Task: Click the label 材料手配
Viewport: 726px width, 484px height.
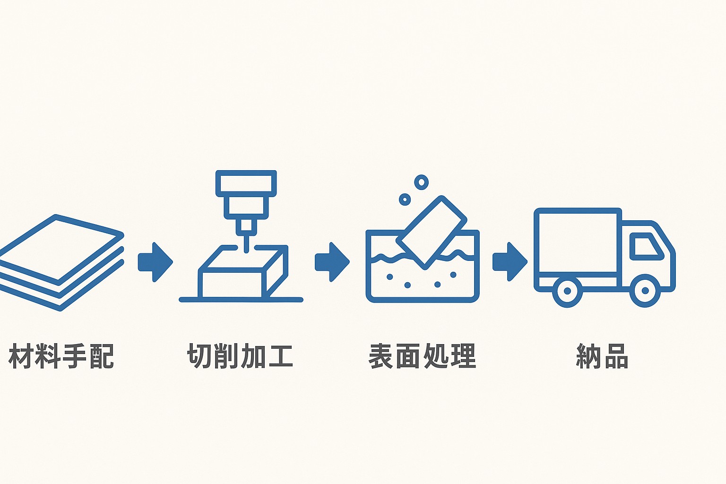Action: pos(61,356)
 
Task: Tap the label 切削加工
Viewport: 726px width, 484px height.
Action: pos(240,356)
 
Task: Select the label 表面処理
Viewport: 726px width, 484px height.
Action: pos(422,356)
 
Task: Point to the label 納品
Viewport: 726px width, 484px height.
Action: pos(602,356)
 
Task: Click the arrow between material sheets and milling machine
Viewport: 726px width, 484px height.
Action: pos(155,262)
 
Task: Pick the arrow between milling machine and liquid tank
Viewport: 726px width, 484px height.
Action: pos(332,262)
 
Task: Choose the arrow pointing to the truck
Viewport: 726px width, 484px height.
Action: pos(510,262)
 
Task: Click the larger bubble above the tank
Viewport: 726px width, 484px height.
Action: pos(421,182)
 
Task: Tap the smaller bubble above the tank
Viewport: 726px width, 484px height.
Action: pos(405,199)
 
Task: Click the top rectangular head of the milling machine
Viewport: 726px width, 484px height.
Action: pos(246,183)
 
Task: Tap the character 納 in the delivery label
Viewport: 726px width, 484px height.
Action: pos(588,356)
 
